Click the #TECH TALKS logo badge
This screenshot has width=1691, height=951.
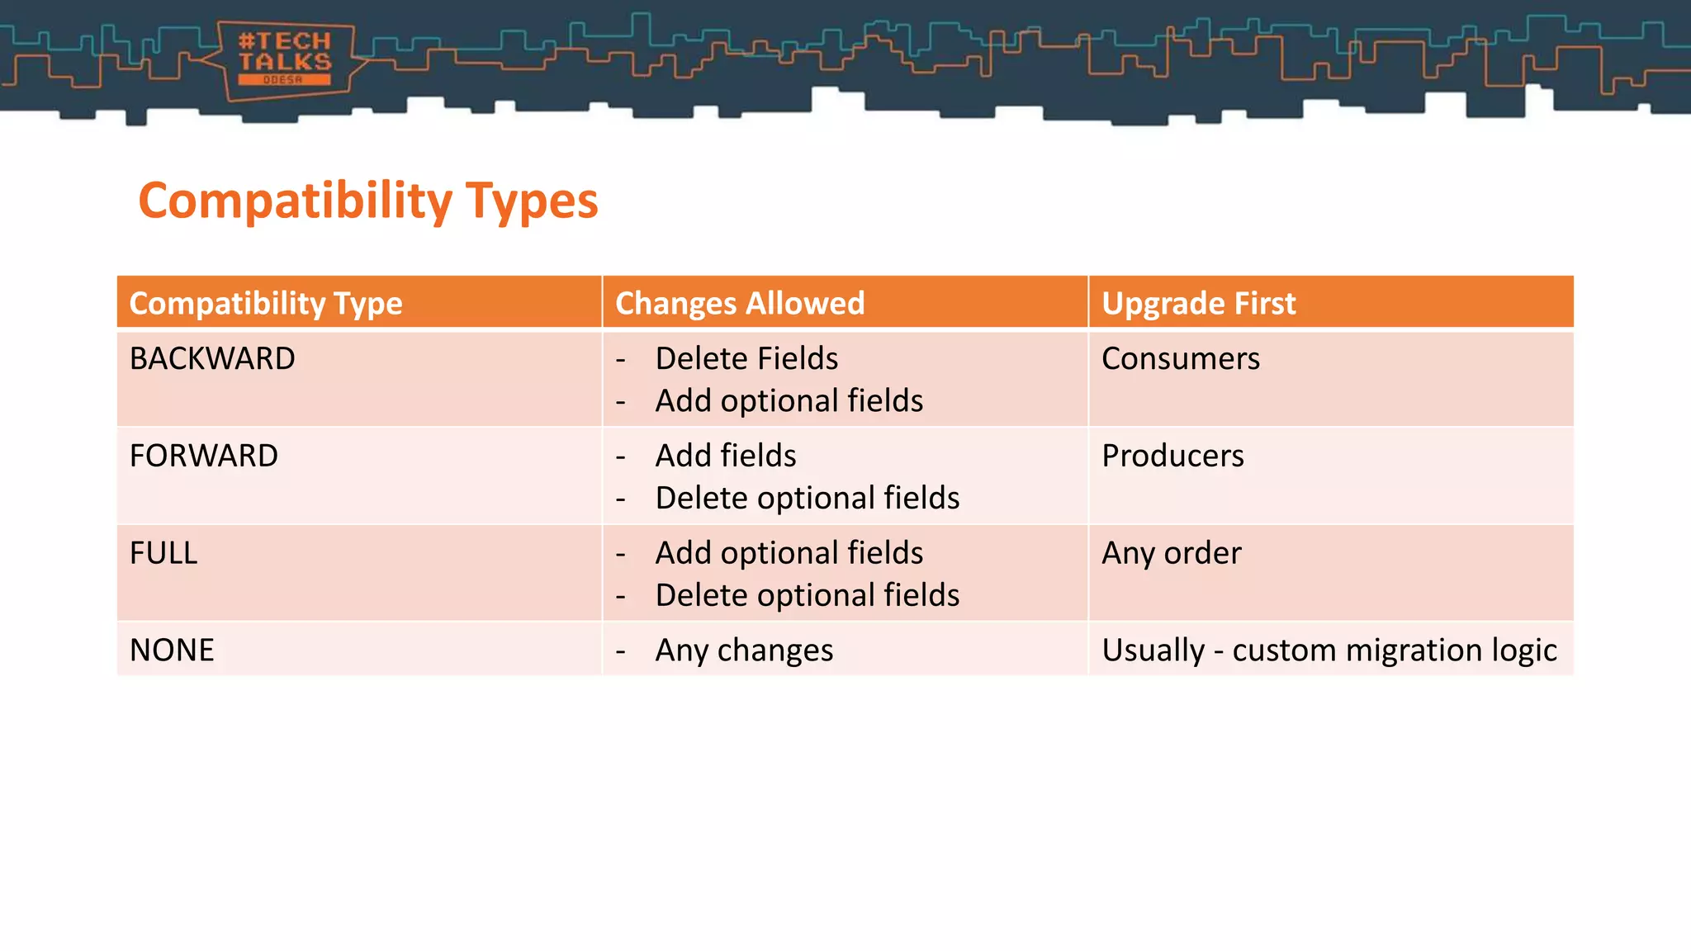pyautogui.click(x=285, y=59)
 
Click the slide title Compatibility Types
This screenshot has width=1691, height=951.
pyautogui.click(x=368, y=201)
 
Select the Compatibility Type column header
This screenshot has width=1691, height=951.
pyautogui.click(x=266, y=303)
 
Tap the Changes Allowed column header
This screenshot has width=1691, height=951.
pyautogui.click(x=740, y=303)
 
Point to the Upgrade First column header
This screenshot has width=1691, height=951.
pyautogui.click(x=1198, y=303)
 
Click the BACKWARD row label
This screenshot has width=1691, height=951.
pyautogui.click(x=212, y=358)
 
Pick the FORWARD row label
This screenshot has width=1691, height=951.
pyautogui.click(x=204, y=456)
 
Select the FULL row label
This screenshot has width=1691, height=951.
pyautogui.click(x=163, y=553)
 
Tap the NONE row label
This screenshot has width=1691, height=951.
pyautogui.click(x=172, y=651)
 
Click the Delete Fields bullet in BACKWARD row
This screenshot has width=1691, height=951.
pyautogui.click(x=746, y=358)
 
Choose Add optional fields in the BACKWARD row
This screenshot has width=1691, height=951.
pyautogui.click(x=789, y=401)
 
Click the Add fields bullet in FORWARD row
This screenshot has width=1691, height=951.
pyautogui.click(x=725, y=456)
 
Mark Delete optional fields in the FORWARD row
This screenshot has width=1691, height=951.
pyautogui.click(x=807, y=499)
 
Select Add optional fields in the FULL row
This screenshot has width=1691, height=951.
pyautogui.click(x=789, y=553)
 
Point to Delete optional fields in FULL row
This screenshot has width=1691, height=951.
pyautogui.click(x=807, y=596)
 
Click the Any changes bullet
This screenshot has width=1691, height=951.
pyautogui.click(x=744, y=651)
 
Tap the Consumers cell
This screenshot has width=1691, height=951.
pyautogui.click(x=1180, y=358)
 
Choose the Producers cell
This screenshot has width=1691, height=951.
pyautogui.click(x=1172, y=456)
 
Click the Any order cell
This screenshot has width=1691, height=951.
pyautogui.click(x=1171, y=553)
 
